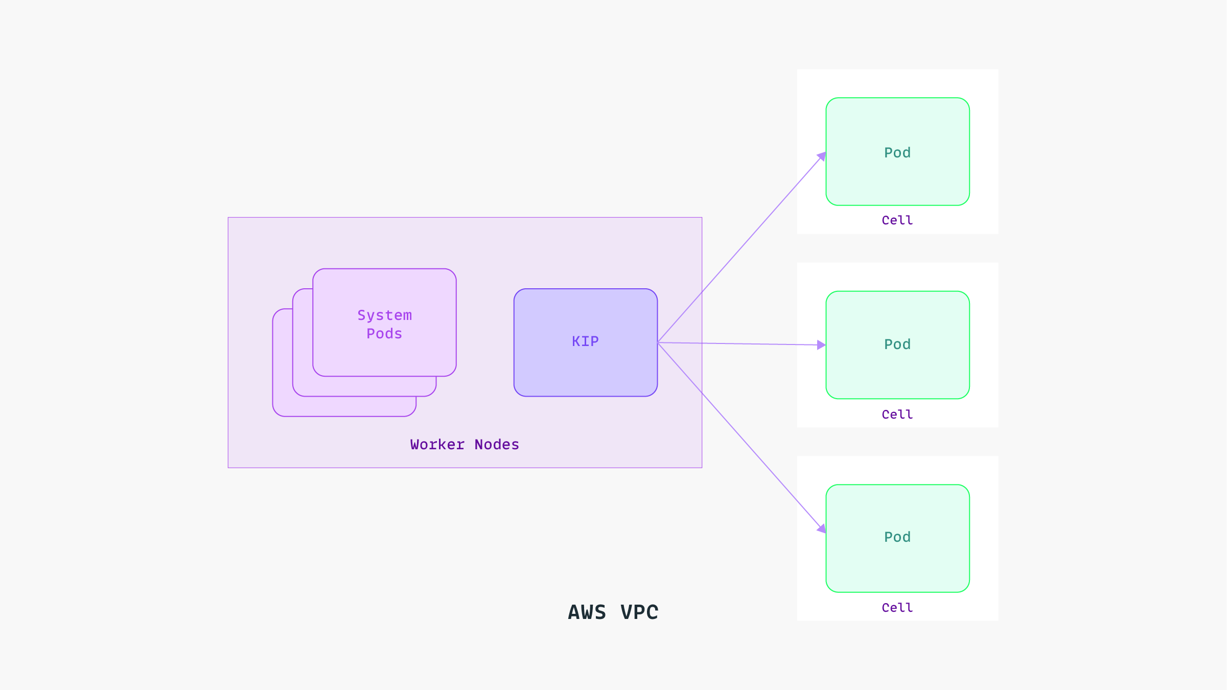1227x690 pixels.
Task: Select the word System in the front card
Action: pos(384,315)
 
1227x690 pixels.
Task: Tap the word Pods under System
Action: pos(384,334)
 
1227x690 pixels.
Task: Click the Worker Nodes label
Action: pos(465,445)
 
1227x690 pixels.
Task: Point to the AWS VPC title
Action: pos(613,612)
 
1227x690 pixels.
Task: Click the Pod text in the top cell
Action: pos(897,153)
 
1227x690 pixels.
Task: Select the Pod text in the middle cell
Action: pos(897,344)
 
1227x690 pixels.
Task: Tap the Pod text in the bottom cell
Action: pos(897,537)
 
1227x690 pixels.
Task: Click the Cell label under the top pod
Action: pos(897,220)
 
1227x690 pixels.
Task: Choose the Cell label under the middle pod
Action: pos(897,415)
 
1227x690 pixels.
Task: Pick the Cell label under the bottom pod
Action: pos(897,608)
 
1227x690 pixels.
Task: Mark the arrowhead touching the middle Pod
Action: pos(821,345)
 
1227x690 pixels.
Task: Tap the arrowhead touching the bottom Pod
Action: pos(822,529)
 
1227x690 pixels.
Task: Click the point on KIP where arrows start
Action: pos(658,342)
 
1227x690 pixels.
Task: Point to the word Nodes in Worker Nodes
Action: pos(497,445)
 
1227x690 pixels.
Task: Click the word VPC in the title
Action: pos(639,612)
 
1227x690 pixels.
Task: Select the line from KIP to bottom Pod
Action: pos(741,437)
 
